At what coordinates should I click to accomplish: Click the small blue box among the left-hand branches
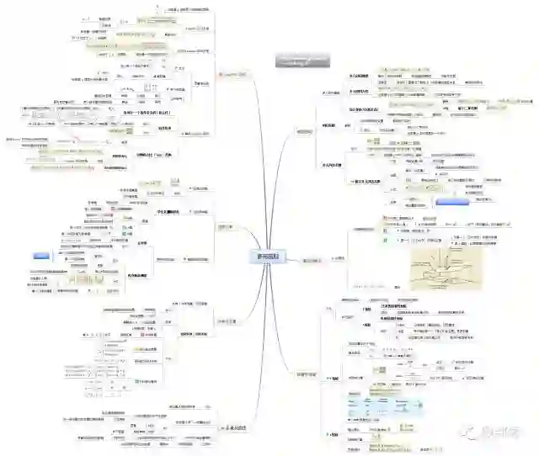coord(41,254)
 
